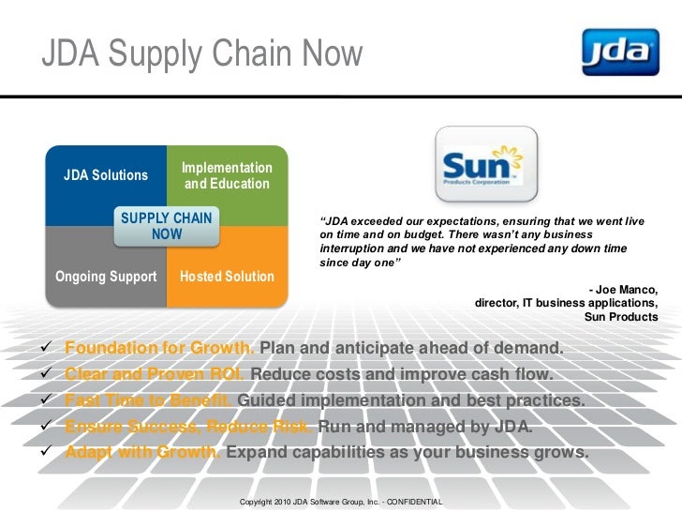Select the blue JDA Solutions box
click(105, 175)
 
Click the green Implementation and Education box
click(227, 175)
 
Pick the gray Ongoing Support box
click(106, 277)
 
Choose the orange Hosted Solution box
click(227, 277)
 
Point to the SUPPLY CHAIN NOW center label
click(167, 226)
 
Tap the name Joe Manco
click(627, 289)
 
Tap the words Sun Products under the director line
click(621, 317)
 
